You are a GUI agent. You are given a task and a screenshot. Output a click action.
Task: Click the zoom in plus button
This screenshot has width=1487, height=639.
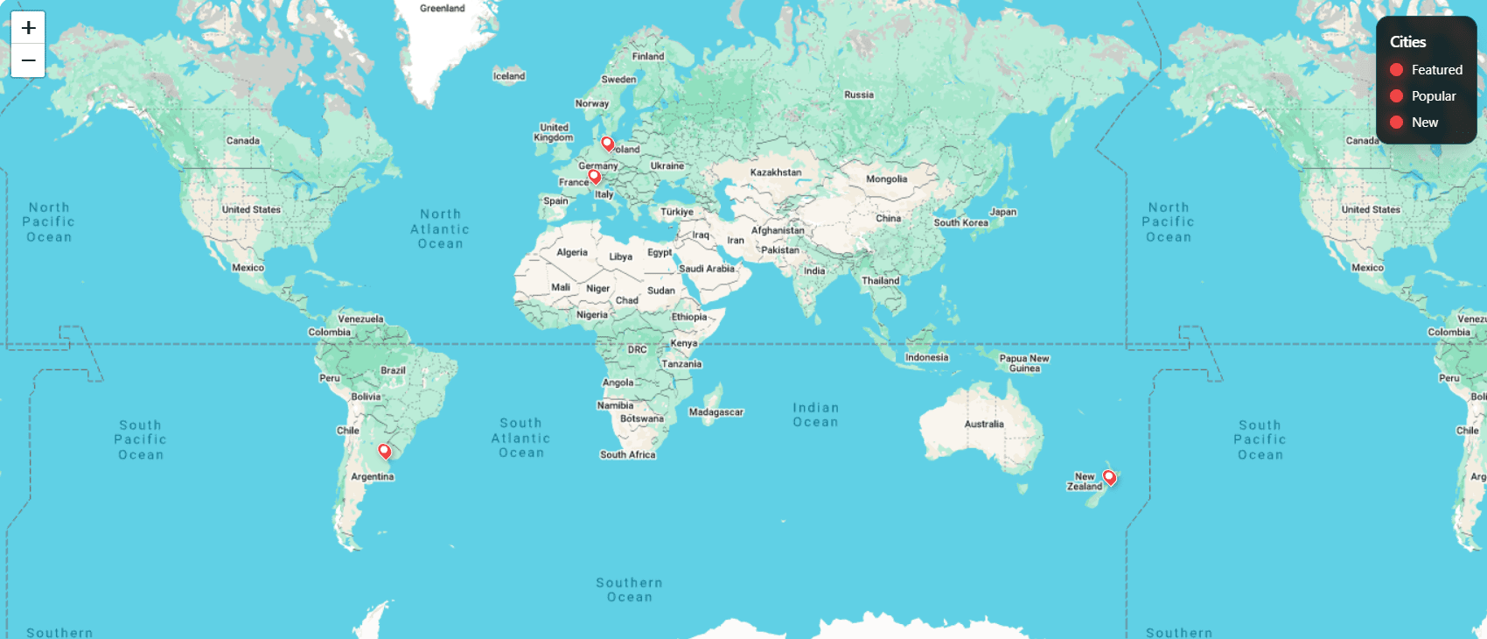(28, 28)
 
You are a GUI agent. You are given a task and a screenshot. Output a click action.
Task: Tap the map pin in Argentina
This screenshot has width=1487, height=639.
(384, 451)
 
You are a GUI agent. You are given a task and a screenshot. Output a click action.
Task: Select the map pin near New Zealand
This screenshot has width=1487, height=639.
(1109, 477)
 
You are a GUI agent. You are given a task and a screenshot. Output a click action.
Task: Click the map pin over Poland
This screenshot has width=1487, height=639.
(607, 144)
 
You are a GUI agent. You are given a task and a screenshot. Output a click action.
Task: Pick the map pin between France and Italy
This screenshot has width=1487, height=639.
(595, 176)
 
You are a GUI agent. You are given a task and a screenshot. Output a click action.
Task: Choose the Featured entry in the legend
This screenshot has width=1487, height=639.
(1426, 70)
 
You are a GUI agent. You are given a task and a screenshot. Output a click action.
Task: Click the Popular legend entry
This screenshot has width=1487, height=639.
(1423, 96)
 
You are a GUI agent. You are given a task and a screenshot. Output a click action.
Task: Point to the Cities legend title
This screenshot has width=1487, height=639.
(1407, 42)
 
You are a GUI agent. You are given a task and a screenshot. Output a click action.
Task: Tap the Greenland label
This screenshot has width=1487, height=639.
(443, 9)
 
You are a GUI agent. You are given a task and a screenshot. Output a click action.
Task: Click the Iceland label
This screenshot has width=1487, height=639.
(509, 76)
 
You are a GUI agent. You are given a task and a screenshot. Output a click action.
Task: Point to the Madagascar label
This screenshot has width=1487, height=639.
(716, 412)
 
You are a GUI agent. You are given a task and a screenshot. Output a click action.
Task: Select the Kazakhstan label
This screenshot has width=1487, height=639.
(775, 172)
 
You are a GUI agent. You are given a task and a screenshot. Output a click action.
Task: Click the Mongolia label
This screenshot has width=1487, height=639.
(886, 179)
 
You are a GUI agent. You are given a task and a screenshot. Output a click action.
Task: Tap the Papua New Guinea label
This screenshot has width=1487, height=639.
(1024, 363)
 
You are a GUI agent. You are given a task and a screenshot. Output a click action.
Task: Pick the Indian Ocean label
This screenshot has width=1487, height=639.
(815, 415)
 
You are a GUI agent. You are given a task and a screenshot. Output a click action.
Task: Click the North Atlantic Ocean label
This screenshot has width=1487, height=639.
(440, 228)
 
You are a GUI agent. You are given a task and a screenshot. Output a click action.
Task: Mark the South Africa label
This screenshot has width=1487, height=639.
(627, 455)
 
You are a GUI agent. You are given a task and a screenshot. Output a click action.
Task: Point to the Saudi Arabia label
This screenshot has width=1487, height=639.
(707, 269)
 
